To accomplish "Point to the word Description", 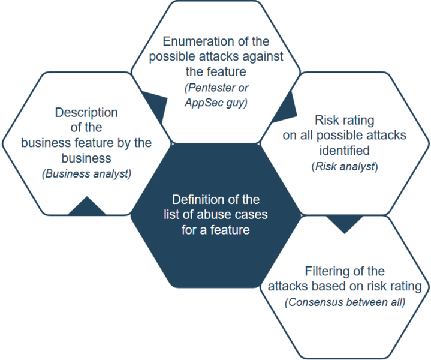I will pos(86,112).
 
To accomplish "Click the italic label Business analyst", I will pos(86,174).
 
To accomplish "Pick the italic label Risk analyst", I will pos(345,166).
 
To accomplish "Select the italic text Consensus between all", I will pos(345,302).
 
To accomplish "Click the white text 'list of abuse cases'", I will pos(215,214).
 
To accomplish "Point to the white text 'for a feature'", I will pos(215,229).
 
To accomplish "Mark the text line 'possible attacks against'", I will pos(216,57).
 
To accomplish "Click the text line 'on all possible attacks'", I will pos(344,135).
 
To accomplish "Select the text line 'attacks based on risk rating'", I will pos(345,286).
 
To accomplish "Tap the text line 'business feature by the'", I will pos(86,143).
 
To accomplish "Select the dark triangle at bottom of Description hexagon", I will pos(88,207).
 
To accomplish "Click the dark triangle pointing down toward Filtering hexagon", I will pos(344,224).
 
